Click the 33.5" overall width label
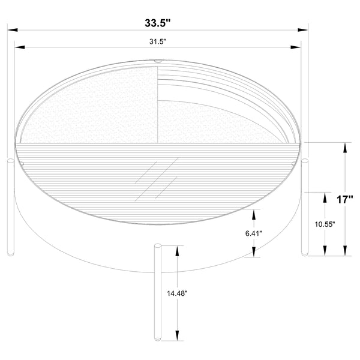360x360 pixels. (158, 24)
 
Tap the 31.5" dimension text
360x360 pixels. (158, 41)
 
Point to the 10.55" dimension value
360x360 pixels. (325, 224)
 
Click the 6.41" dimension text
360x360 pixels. (254, 233)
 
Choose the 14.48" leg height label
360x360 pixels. (178, 293)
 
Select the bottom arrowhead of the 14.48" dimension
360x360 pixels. (178, 338)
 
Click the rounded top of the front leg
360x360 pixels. (158, 245)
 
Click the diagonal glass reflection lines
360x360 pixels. (157, 179)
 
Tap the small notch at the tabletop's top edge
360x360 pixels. (158, 61)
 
